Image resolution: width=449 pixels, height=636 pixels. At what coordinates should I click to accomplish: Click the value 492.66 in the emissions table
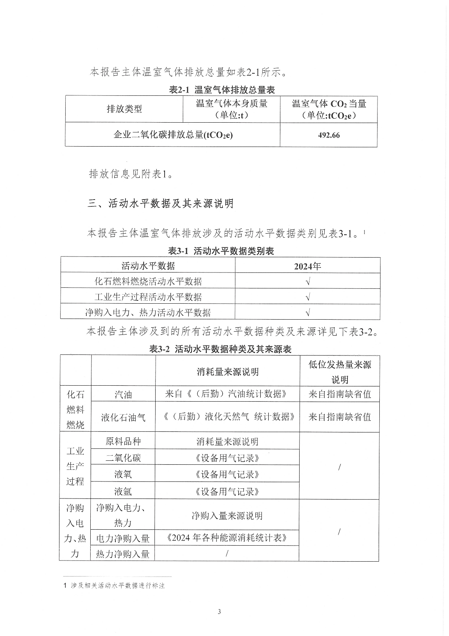[x=329, y=135]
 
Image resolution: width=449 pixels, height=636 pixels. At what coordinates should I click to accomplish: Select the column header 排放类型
[x=124, y=109]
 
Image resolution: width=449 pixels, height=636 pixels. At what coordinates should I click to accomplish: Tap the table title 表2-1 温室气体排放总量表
[x=222, y=90]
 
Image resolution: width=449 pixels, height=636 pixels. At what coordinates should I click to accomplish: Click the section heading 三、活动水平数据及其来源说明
[x=160, y=204]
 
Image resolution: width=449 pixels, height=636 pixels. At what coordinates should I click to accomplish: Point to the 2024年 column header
[x=307, y=266]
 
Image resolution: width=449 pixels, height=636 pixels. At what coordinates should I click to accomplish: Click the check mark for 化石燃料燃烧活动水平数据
[x=308, y=282]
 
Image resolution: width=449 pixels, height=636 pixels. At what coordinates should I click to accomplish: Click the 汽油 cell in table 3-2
[x=123, y=394]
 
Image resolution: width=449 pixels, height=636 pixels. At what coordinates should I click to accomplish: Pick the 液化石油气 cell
[x=123, y=417]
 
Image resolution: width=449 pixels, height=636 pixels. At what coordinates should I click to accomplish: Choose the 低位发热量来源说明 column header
[x=339, y=372]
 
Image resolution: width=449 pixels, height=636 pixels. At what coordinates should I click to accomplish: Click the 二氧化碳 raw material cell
[x=123, y=458]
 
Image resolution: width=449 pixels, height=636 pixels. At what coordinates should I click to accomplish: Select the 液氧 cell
[x=123, y=474]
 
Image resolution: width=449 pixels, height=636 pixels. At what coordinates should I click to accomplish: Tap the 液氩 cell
[x=123, y=491]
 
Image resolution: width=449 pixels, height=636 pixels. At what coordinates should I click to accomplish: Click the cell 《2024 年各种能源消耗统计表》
[x=227, y=538]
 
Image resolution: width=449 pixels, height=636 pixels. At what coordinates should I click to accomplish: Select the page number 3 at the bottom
[x=219, y=612]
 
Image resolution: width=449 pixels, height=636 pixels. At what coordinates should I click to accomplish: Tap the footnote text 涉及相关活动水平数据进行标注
[x=118, y=586]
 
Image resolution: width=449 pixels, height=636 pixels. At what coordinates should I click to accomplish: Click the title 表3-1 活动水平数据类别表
[x=221, y=251]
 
